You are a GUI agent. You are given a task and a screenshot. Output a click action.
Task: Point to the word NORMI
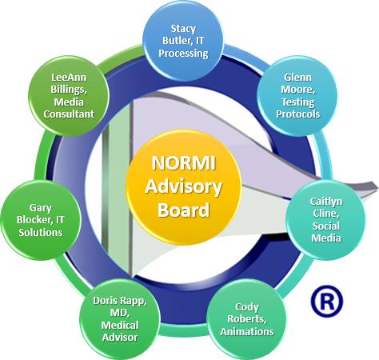(181, 164)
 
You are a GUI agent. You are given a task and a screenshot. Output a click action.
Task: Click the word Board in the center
(182, 211)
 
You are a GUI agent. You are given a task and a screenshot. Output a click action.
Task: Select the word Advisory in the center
(181, 187)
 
